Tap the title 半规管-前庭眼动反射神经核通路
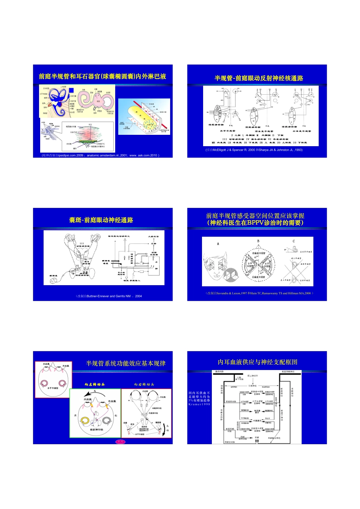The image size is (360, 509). (259, 78)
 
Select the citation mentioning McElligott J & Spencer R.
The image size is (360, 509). (254, 150)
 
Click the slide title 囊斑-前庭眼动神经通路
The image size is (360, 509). (101, 220)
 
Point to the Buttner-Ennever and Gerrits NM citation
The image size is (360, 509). (109, 296)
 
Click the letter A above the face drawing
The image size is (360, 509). (218, 244)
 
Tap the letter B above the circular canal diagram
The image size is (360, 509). (258, 241)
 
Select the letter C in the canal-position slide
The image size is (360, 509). (293, 241)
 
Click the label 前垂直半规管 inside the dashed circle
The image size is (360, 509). (259, 253)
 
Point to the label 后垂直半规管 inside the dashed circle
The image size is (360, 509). (259, 277)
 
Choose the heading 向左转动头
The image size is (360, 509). (95, 384)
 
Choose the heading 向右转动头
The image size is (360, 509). (144, 384)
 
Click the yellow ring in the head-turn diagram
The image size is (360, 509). (86, 420)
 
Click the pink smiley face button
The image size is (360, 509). (120, 442)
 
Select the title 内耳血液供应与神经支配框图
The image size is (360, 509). (258, 362)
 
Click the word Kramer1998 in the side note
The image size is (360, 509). (199, 404)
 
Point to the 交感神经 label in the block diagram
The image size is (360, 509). (252, 386)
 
